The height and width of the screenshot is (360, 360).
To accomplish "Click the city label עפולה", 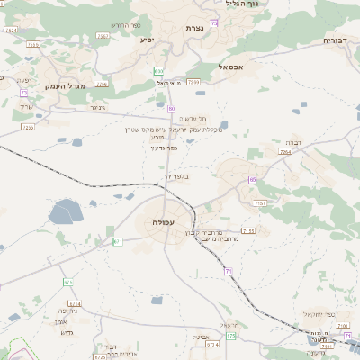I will click(x=165, y=222).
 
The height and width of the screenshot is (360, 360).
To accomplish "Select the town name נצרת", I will click(x=195, y=29).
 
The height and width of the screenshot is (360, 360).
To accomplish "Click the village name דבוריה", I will click(x=340, y=41).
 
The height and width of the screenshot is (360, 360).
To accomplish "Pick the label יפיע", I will click(x=148, y=40).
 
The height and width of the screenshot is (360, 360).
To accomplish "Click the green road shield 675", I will click(x=67, y=282).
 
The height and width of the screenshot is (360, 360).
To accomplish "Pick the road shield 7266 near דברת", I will click(x=285, y=152).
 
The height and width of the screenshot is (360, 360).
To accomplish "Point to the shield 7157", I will click(x=260, y=204).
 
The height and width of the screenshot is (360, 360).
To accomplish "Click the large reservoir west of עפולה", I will click(x=66, y=212).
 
